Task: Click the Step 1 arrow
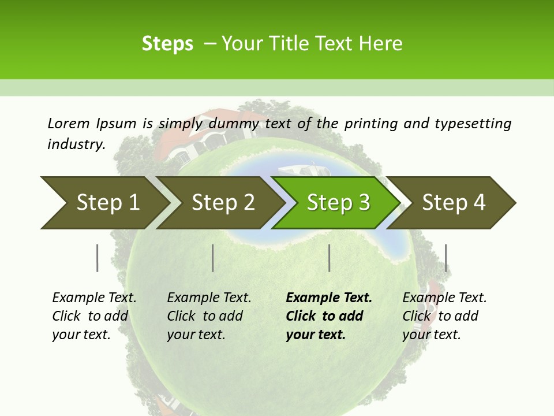[x=104, y=203]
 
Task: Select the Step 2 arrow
[x=222, y=203]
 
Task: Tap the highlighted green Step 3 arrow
[x=338, y=203]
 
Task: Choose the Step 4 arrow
[x=453, y=203]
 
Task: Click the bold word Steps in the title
[x=167, y=44]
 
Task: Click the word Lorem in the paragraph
[x=69, y=123]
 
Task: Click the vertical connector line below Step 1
[x=97, y=258]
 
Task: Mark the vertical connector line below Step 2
[x=213, y=258]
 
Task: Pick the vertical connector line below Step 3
[x=329, y=258]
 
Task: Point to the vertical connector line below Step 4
[x=446, y=258]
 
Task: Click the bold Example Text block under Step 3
[x=329, y=316]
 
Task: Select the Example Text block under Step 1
[x=94, y=316]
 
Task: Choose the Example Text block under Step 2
[x=209, y=316]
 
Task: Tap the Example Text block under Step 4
[x=444, y=316]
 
